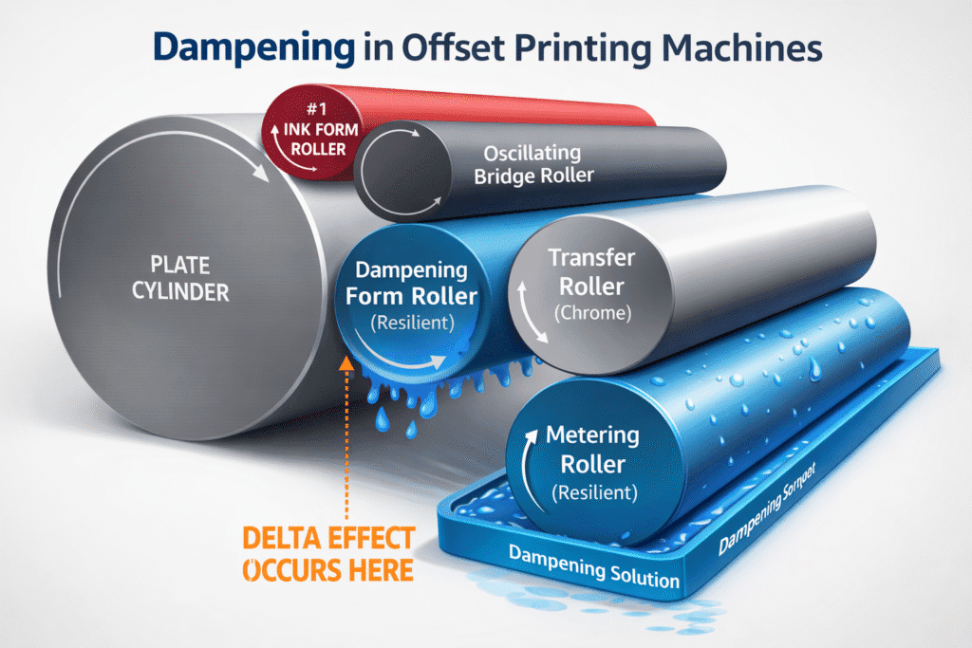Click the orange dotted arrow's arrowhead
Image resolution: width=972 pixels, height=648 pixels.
coord(346,361)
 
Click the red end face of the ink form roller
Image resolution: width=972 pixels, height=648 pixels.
coord(306,139)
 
